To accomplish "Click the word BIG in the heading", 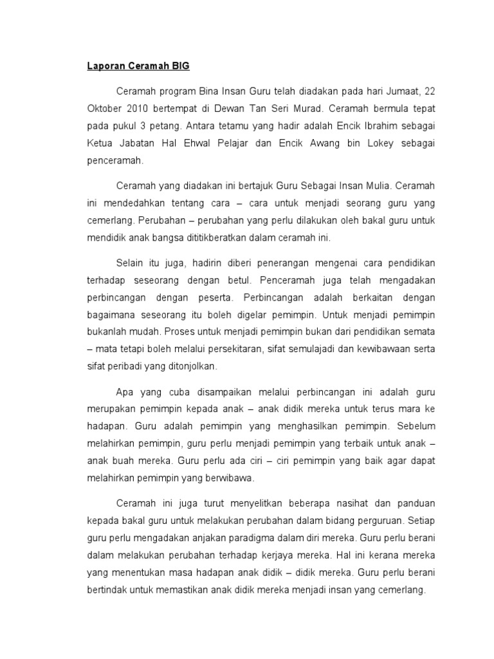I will pos(180,66).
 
